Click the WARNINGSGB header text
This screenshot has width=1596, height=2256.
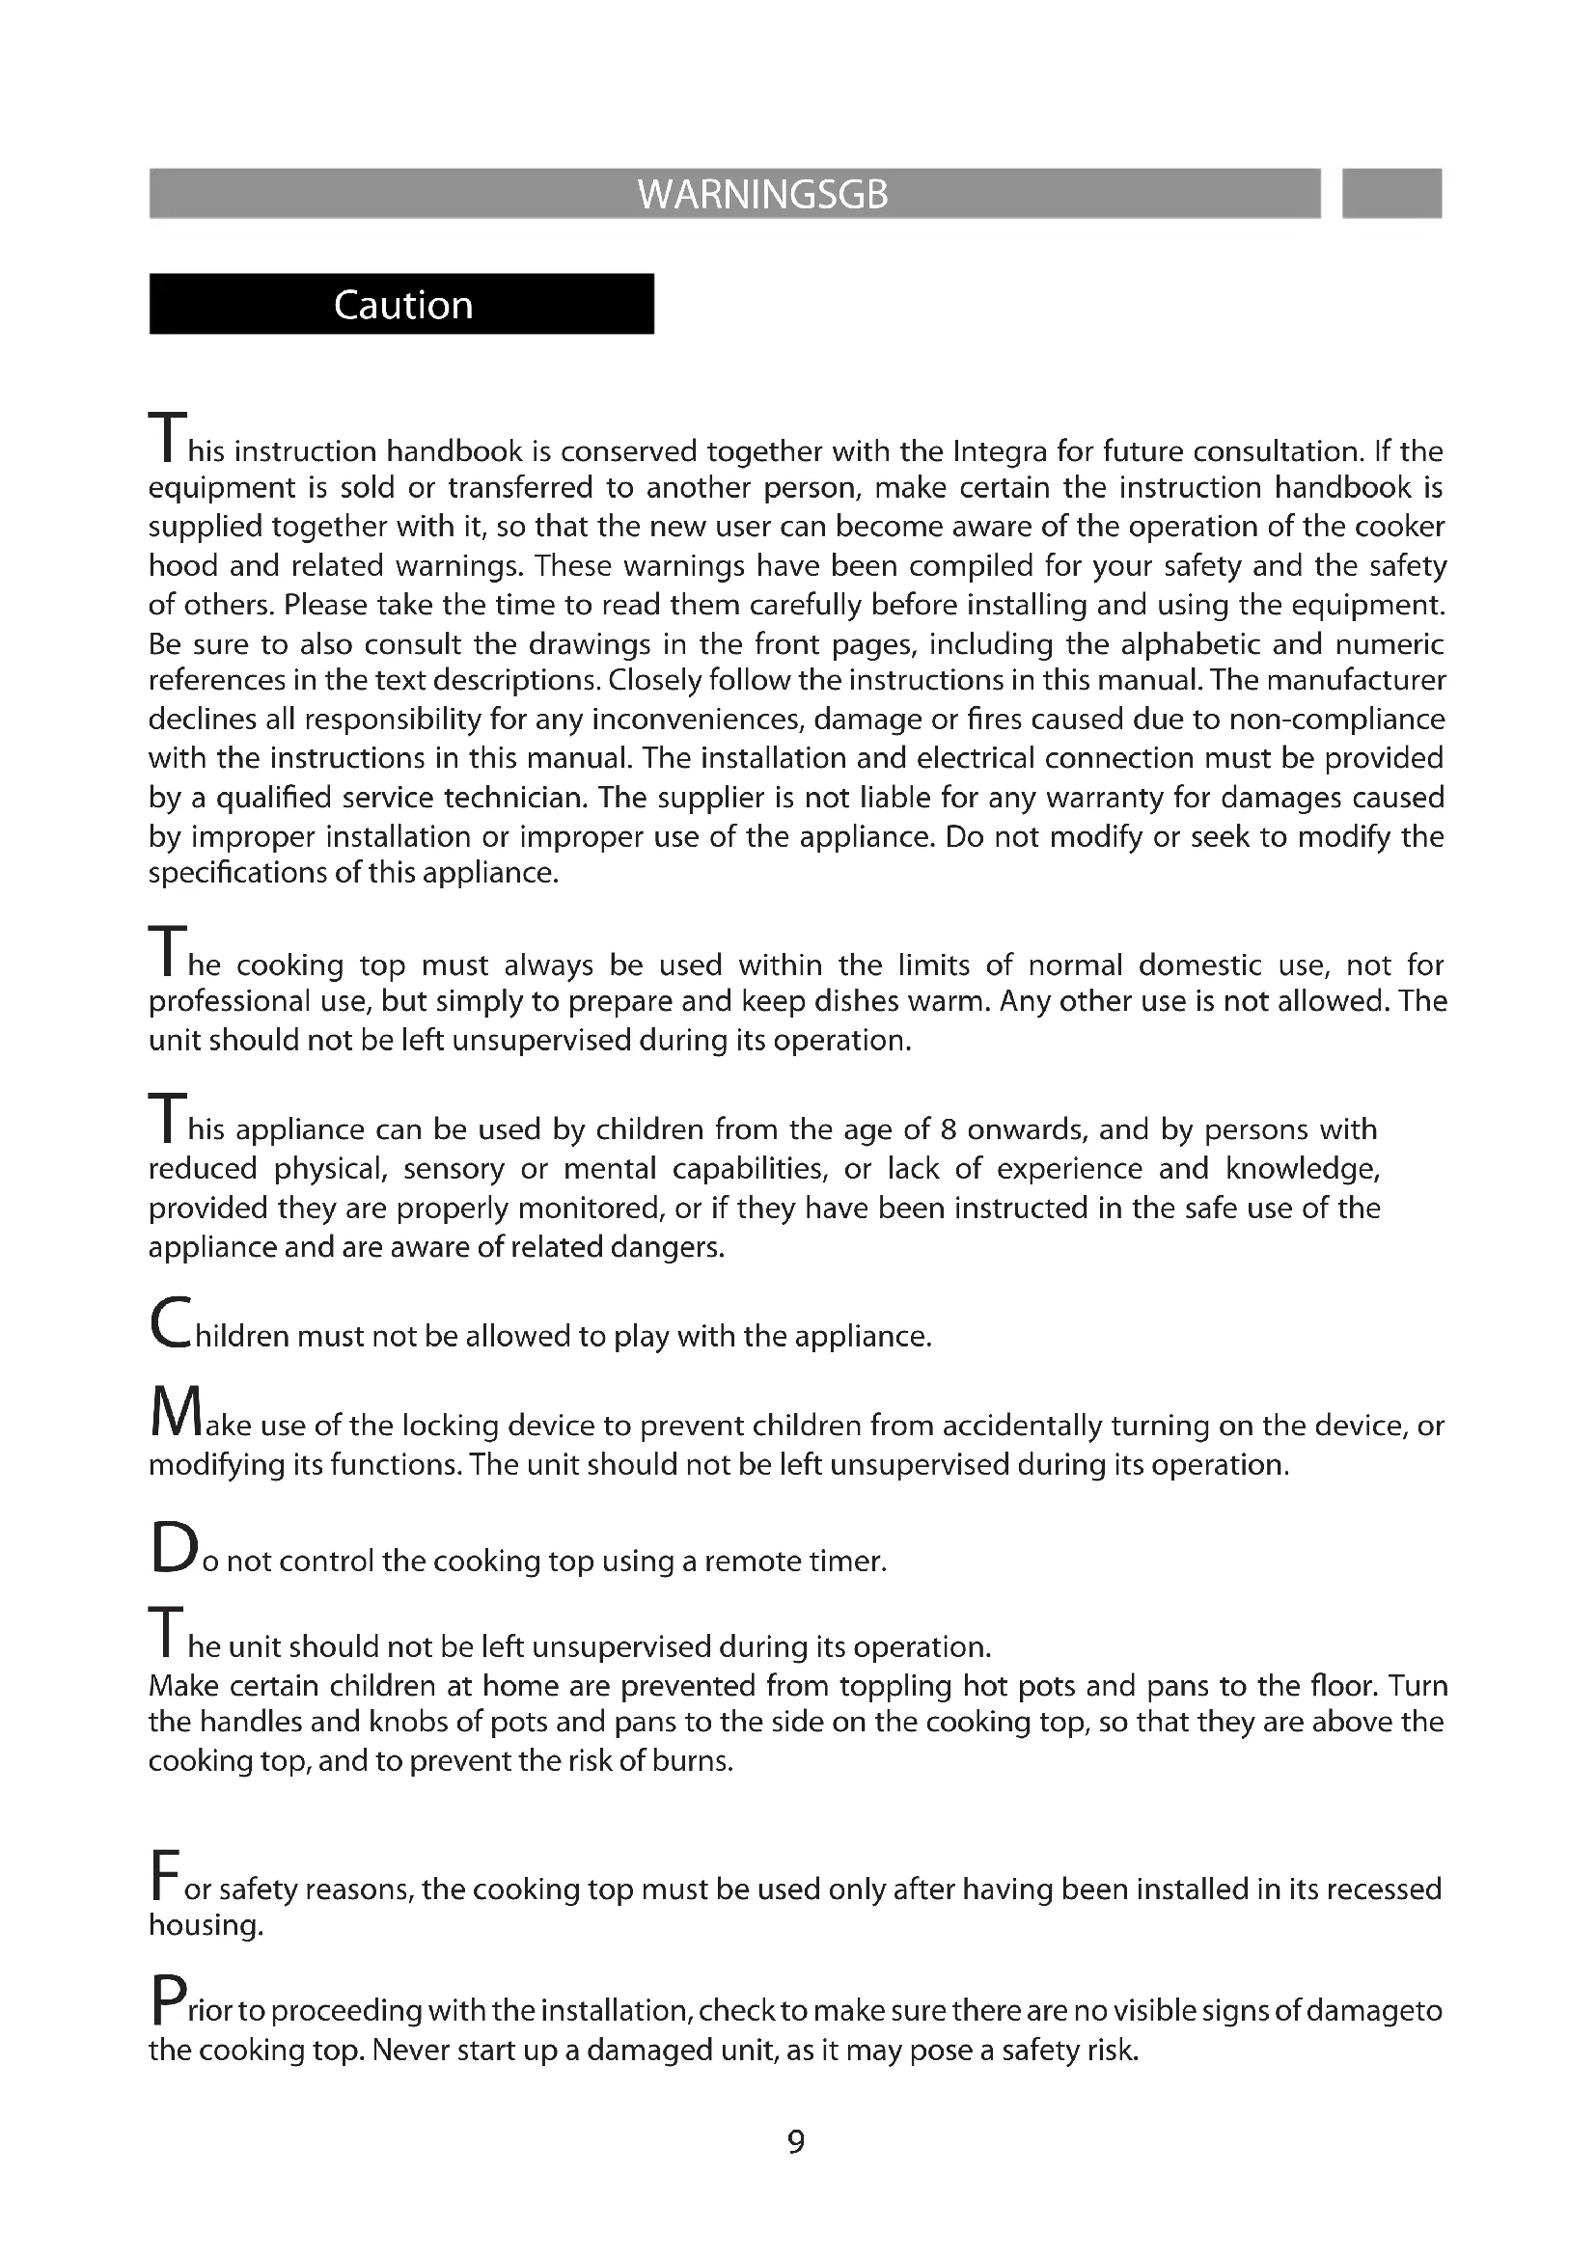[762, 195]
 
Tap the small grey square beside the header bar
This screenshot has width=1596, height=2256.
[1390, 194]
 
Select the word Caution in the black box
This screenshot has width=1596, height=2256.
[403, 306]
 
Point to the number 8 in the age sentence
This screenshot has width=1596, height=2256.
[948, 1129]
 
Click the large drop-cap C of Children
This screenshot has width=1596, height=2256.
[171, 1323]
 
